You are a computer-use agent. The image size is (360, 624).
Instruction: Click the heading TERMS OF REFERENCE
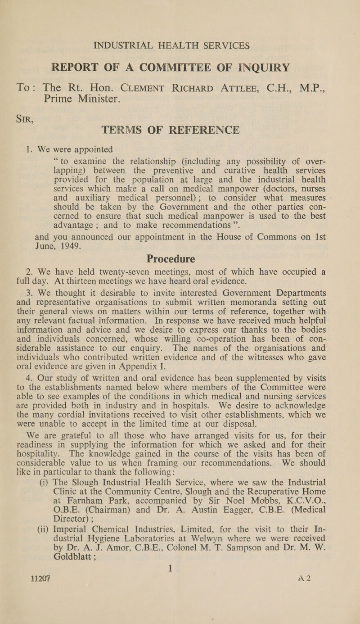pyautogui.click(x=180, y=118)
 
